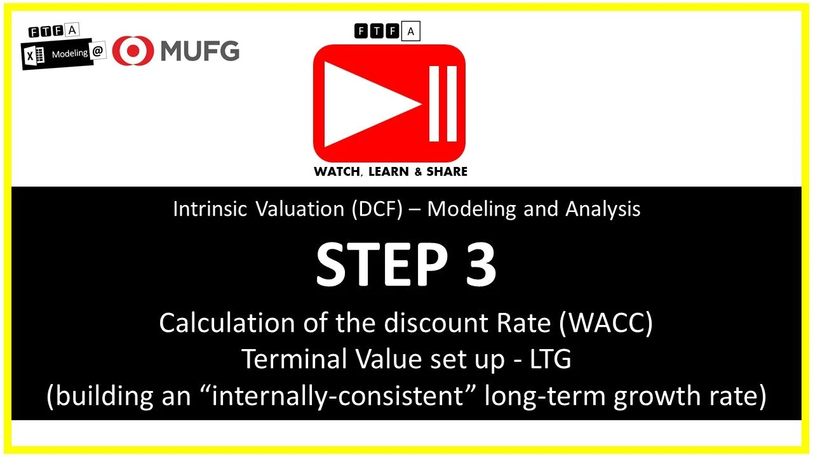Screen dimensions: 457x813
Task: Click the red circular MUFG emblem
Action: (x=133, y=51)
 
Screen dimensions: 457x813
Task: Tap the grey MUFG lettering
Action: (x=199, y=50)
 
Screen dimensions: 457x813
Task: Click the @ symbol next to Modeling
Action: (x=98, y=53)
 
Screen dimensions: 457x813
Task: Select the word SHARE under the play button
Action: (x=447, y=171)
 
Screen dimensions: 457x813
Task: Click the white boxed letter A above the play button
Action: (x=411, y=31)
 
